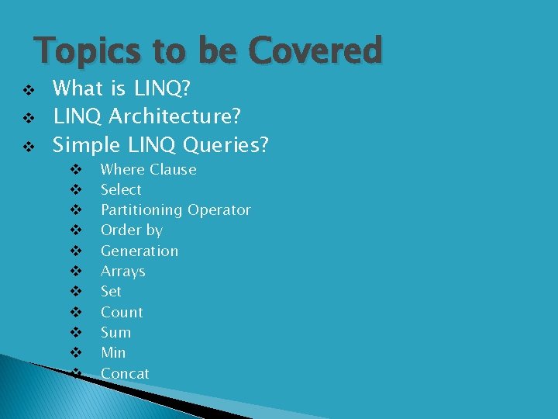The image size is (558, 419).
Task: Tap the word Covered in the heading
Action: point(315,51)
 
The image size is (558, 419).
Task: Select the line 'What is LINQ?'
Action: point(122,88)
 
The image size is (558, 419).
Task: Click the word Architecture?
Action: point(175,116)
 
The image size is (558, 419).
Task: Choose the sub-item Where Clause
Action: point(148,169)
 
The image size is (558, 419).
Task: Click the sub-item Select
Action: point(121,189)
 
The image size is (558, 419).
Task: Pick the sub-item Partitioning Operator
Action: point(175,209)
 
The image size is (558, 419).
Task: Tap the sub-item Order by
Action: point(131,230)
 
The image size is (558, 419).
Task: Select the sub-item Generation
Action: point(139,251)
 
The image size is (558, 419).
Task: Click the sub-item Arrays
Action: point(122,272)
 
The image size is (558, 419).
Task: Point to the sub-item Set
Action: point(111,292)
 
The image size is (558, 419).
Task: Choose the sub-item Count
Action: point(122,312)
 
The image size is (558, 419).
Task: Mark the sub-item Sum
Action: point(115,332)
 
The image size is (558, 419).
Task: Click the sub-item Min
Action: point(113,353)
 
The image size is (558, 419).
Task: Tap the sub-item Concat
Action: point(125,373)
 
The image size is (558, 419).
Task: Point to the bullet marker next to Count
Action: point(76,313)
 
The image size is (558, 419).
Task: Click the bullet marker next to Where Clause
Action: point(76,170)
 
